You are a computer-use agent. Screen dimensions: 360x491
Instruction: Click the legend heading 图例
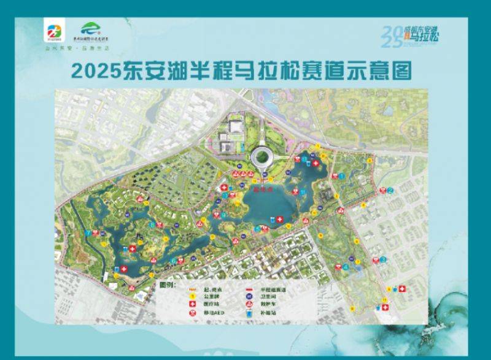coord(167,285)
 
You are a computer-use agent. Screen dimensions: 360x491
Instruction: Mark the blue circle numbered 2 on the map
coord(390,191)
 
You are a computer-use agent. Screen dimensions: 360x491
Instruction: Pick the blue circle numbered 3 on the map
coord(383,259)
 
